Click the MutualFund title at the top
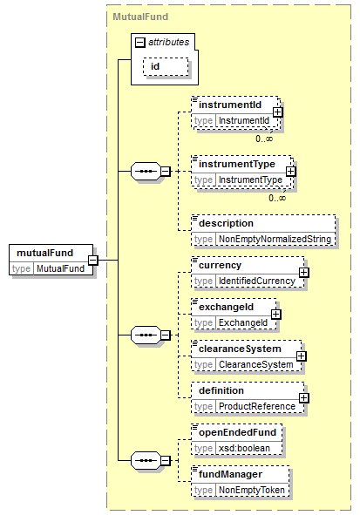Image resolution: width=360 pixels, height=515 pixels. click(140, 17)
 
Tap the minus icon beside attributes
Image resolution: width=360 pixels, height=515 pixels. click(140, 43)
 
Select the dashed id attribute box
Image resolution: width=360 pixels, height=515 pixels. click(166, 67)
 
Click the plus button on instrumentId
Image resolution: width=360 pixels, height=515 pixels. click(277, 112)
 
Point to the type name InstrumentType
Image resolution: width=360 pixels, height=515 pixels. click(250, 180)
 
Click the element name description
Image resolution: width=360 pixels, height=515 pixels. click(226, 223)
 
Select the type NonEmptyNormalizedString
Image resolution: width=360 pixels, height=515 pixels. click(275, 239)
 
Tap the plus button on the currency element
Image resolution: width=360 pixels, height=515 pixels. click(304, 272)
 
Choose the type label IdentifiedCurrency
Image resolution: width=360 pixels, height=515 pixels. click(257, 281)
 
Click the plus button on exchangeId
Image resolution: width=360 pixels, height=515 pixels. click(276, 315)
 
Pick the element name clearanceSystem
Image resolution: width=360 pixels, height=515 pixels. click(240, 349)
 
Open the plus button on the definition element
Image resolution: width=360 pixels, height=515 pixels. click(304, 398)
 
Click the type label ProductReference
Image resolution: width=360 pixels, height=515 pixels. click(257, 407)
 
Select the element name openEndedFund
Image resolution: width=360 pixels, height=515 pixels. click(237, 432)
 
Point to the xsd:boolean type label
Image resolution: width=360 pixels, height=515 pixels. click(244, 448)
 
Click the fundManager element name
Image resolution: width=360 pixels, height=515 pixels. click(230, 475)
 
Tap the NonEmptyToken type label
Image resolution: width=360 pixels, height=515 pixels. click(252, 490)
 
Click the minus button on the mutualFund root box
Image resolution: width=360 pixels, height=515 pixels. click(93, 261)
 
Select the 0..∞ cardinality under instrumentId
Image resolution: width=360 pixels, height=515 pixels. click(264, 139)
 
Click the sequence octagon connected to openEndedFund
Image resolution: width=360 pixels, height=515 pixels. click(146, 460)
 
